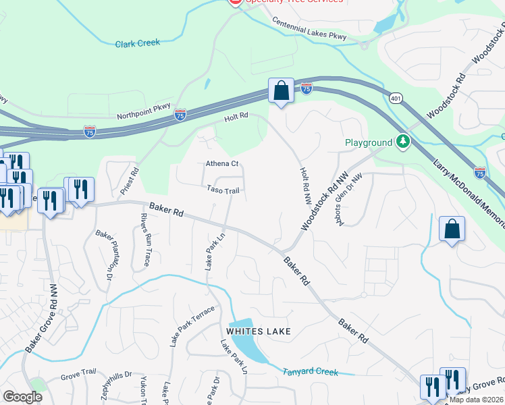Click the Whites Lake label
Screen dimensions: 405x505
coord(259,331)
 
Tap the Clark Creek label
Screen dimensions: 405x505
coord(137,43)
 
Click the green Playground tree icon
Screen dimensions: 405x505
coord(403,142)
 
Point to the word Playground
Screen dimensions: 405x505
coord(368,143)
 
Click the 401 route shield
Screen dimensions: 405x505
coord(396,98)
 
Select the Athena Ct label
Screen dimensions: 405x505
coord(222,164)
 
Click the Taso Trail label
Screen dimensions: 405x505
coord(223,191)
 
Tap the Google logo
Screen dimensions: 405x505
coord(22,397)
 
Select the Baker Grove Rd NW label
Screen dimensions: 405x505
coord(42,328)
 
